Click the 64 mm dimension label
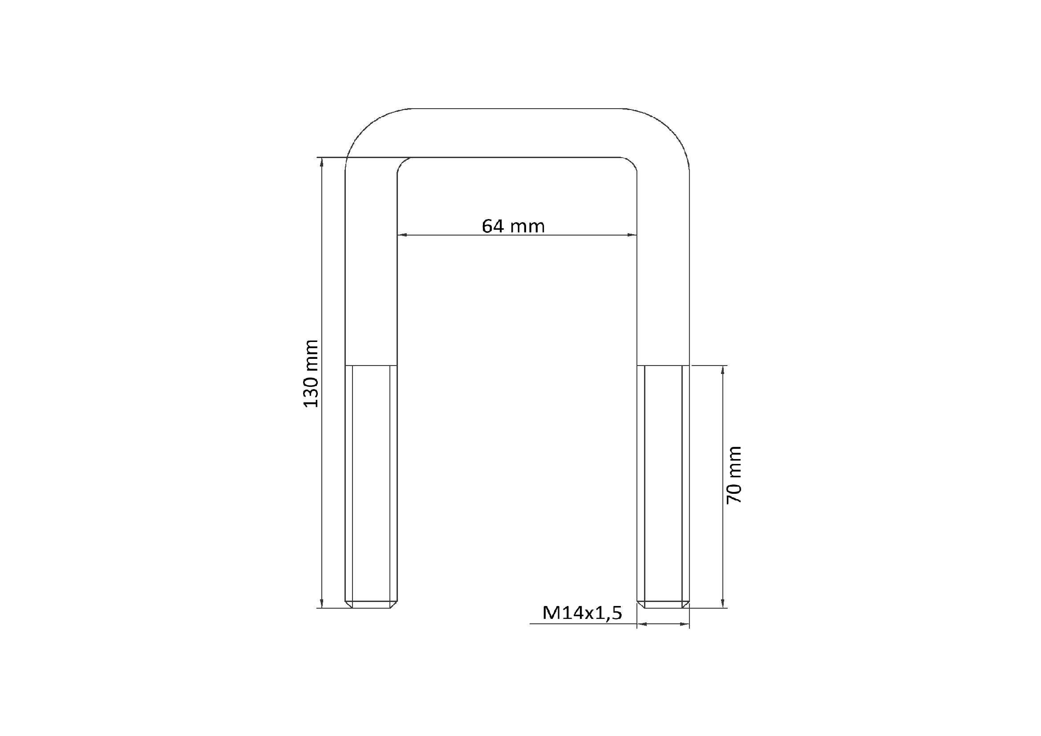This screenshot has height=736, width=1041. click(513, 226)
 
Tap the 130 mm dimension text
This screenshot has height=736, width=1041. click(311, 374)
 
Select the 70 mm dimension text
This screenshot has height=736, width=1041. click(733, 475)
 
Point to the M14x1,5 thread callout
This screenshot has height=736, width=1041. click(582, 613)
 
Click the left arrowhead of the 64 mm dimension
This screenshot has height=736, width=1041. click(402, 235)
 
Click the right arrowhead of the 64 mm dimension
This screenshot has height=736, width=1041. click(632, 235)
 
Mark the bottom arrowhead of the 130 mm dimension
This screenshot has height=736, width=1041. click(321, 603)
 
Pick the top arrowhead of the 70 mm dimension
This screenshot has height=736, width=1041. click(723, 370)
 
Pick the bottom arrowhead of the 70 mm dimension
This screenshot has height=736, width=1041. click(723, 603)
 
